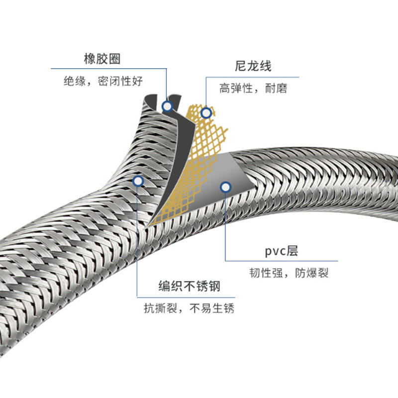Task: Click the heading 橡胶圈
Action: click(x=102, y=59)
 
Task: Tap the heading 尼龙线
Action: click(x=253, y=66)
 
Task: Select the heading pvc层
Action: click(x=281, y=251)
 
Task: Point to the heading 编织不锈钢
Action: click(x=190, y=286)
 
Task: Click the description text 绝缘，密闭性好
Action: click(x=103, y=81)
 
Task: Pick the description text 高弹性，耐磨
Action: click(x=253, y=89)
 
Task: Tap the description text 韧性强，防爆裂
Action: click(x=289, y=273)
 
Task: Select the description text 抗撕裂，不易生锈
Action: click(x=189, y=308)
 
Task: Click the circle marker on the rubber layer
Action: click(x=167, y=106)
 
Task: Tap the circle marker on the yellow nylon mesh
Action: click(x=206, y=113)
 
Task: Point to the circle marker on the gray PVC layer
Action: click(x=226, y=188)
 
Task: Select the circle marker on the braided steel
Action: click(x=138, y=181)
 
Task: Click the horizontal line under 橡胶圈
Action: click(x=109, y=69)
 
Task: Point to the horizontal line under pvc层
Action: click(x=282, y=261)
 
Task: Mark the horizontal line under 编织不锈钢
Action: click(x=186, y=297)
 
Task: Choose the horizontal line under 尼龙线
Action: click(x=252, y=77)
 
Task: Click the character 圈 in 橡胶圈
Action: click(x=114, y=59)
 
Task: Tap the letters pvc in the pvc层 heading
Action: click(x=276, y=252)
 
